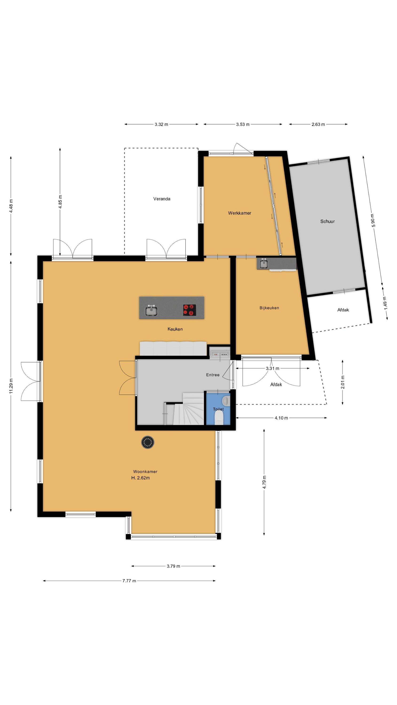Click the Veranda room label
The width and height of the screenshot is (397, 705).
click(162, 199)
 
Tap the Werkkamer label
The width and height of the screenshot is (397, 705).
click(239, 213)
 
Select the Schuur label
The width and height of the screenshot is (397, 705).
click(327, 221)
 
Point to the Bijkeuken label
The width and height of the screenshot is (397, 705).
click(269, 308)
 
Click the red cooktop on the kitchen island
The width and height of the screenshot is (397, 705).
click(190, 310)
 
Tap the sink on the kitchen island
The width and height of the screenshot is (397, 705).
click(151, 310)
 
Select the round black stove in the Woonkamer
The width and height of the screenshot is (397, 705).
click(148, 442)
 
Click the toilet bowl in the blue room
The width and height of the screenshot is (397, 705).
click(219, 418)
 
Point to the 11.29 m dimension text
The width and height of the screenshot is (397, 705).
click(11, 386)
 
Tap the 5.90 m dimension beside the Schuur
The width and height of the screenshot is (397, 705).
click(373, 220)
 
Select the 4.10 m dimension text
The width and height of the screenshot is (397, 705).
click(281, 418)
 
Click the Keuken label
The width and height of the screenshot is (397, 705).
click(175, 329)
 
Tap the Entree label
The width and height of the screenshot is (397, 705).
click(213, 375)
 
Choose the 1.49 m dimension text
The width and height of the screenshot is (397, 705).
click(385, 303)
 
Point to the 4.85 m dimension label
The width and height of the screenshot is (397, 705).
click(60, 202)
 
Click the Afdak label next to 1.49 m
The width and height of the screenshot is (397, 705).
click(343, 310)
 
